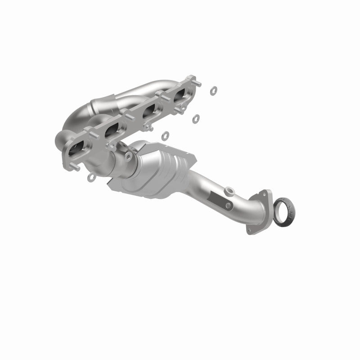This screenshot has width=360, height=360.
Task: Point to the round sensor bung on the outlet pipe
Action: click(x=229, y=189)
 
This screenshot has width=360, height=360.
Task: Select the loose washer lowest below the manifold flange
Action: click(x=165, y=135)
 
